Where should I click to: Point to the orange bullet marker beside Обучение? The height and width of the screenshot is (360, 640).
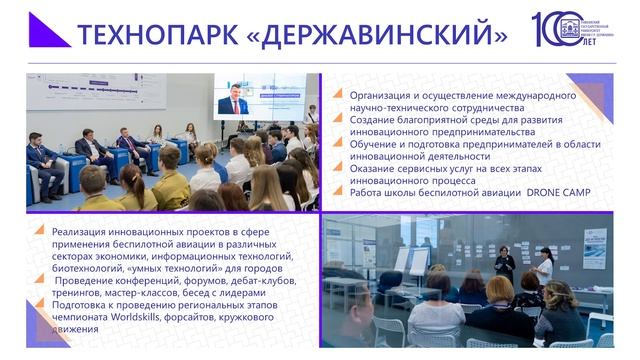340,143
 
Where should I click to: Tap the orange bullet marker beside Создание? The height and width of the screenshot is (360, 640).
340,120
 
